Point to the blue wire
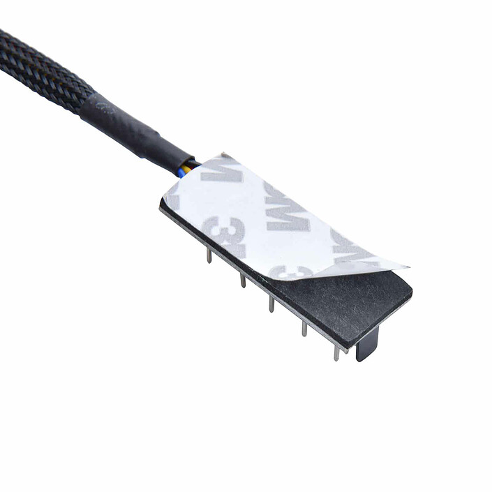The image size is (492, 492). (183, 172)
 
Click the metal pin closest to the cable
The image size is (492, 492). (209, 255)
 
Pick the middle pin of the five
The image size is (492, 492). (271, 304)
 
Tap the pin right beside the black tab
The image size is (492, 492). (336, 352)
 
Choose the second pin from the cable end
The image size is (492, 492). (243, 280)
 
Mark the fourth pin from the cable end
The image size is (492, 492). (304, 328)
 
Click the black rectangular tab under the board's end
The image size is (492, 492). (368, 344)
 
